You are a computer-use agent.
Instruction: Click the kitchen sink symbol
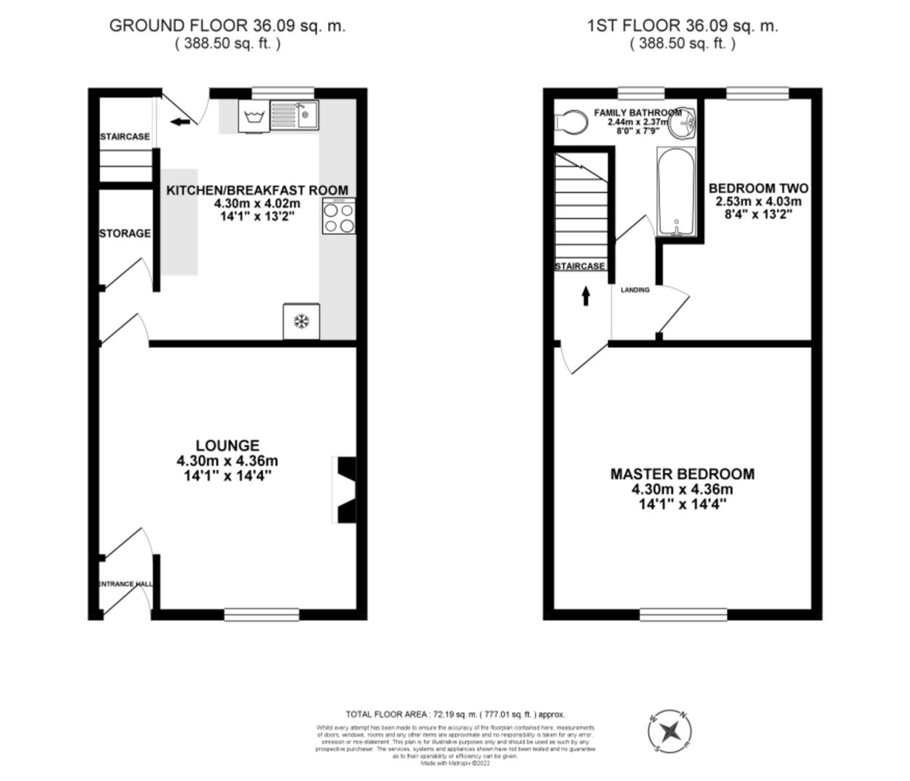pyautogui.click(x=295, y=115)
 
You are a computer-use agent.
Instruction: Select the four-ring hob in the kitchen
pyautogui.click(x=339, y=217)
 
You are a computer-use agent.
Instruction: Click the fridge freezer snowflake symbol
pyautogui.click(x=300, y=322)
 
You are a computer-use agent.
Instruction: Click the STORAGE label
pyautogui.click(x=125, y=233)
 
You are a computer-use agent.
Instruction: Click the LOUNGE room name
pyautogui.click(x=227, y=445)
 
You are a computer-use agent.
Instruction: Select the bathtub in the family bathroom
pyautogui.click(x=676, y=192)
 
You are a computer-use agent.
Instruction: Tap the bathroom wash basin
pyautogui.click(x=682, y=125)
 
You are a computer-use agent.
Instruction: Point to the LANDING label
pyautogui.click(x=635, y=290)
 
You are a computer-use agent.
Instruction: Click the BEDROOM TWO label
pyautogui.click(x=759, y=188)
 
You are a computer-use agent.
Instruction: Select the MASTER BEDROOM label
pyautogui.click(x=682, y=474)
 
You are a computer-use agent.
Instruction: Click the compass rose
pyautogui.click(x=670, y=730)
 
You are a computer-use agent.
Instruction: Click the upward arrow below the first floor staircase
pyautogui.click(x=585, y=296)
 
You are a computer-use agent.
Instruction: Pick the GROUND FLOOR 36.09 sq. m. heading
pyautogui.click(x=227, y=25)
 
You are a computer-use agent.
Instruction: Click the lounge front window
pyautogui.click(x=261, y=615)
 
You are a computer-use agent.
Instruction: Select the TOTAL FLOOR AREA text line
pyautogui.click(x=455, y=714)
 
